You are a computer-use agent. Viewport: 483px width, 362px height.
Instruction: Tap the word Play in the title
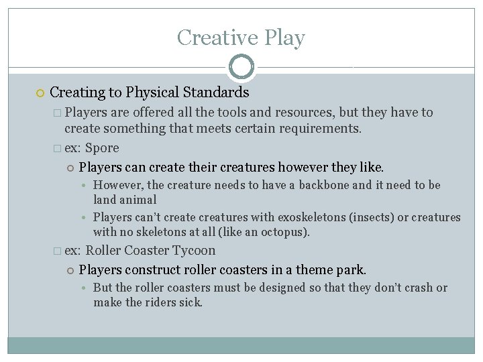tap(284, 38)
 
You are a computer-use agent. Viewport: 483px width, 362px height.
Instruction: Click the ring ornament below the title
tap(241, 67)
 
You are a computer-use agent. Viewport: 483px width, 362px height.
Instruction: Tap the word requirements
tap(322, 128)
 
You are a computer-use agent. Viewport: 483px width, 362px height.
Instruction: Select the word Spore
tap(102, 147)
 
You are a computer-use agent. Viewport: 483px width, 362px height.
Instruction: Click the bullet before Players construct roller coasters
tap(70, 270)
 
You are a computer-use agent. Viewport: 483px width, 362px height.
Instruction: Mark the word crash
tap(417, 288)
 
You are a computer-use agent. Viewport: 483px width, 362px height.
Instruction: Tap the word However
tap(117, 185)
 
